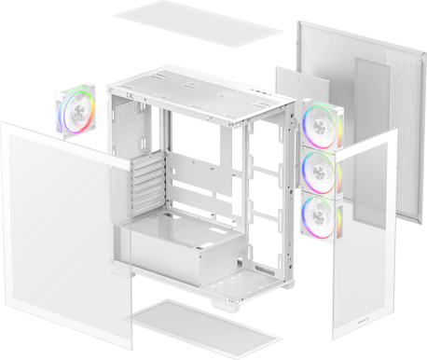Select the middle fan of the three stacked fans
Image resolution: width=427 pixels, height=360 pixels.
320,170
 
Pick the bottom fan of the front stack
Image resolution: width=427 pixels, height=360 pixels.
320,215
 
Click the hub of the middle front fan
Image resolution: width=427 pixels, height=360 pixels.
320,170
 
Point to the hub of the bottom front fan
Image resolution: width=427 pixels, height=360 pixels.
320,215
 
